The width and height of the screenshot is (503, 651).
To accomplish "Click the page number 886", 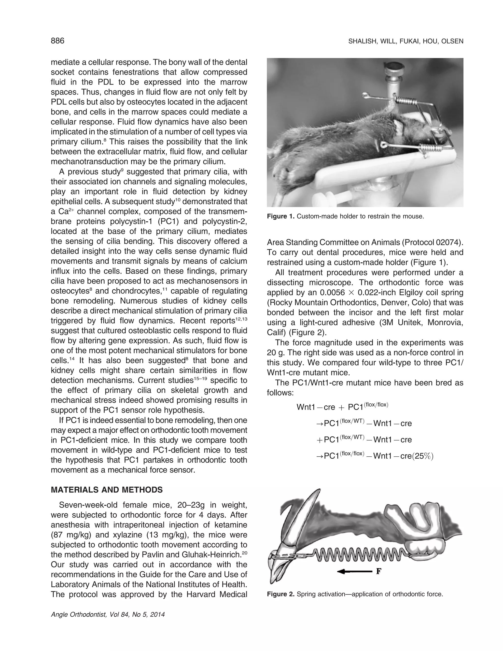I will pos(57,41).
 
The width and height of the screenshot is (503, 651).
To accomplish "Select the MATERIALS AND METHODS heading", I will pos(107,490).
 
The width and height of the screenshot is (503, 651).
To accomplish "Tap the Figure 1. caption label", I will pos(280,216).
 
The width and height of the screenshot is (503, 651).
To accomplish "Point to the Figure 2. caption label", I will pos(280,594).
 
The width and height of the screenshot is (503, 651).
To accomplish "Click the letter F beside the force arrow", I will pos(379,571).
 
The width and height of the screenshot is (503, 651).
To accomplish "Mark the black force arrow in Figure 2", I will pos(355,571).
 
